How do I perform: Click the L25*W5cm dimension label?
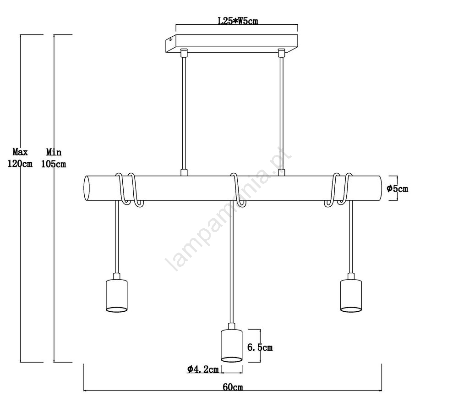point(238,21)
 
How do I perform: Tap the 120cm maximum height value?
point(20,164)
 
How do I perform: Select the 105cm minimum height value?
point(54,164)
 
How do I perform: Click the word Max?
point(20,152)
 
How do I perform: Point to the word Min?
point(54,152)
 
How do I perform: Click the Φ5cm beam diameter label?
point(398,189)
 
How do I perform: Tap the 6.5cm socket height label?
point(260,347)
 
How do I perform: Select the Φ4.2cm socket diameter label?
point(203,369)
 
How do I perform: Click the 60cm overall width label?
point(233,387)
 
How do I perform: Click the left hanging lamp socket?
point(116,293)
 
